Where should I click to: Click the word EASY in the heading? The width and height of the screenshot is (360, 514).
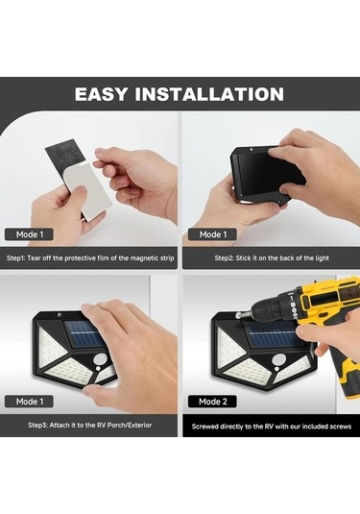[101, 94]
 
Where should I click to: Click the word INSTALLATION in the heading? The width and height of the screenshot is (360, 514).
[209, 94]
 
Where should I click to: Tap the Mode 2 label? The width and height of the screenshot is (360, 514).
[212, 402]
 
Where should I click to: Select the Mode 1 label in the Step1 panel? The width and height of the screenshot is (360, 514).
[30, 234]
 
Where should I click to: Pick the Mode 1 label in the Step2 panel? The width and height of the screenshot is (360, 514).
[213, 234]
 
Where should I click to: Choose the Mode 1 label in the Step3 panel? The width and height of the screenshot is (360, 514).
[30, 402]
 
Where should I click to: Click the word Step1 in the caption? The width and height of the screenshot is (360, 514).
[15, 258]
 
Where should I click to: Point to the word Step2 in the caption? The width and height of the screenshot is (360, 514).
[224, 258]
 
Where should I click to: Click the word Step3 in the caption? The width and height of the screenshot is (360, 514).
[37, 426]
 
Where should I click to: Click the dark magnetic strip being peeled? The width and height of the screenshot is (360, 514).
[65, 156]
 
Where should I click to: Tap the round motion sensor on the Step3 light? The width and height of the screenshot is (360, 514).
[99, 359]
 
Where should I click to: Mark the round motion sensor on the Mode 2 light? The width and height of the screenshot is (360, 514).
[278, 359]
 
